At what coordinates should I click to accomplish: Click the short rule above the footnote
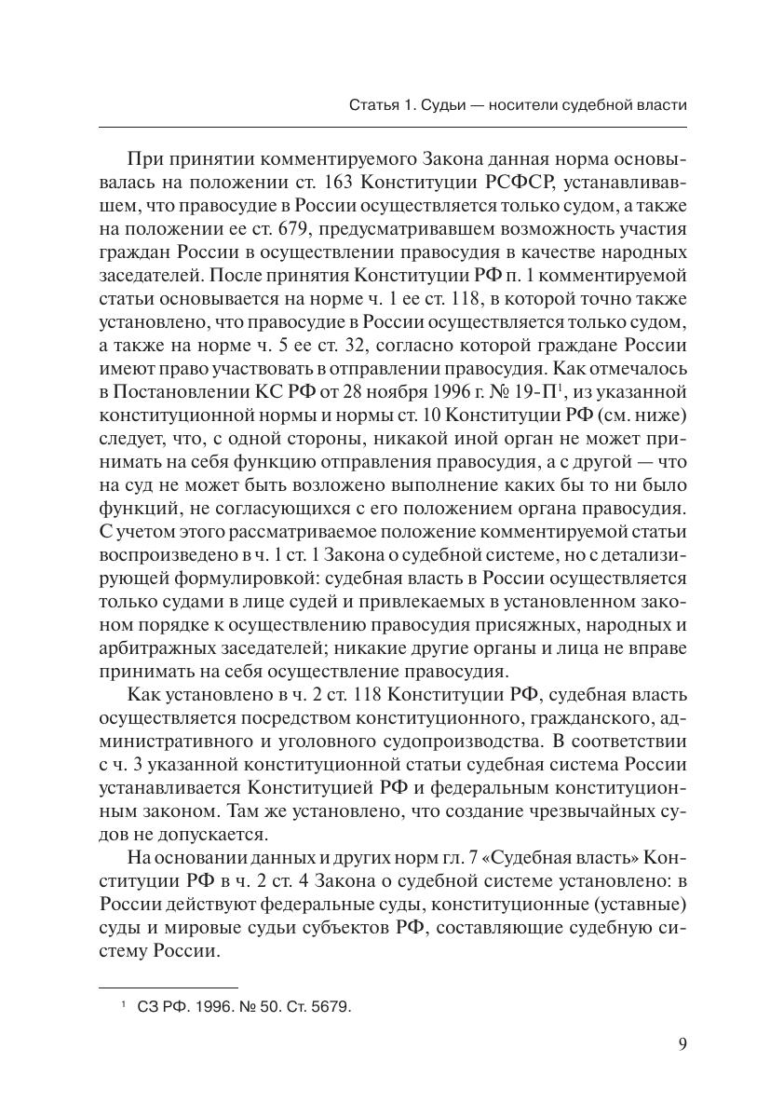pos(169,987)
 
